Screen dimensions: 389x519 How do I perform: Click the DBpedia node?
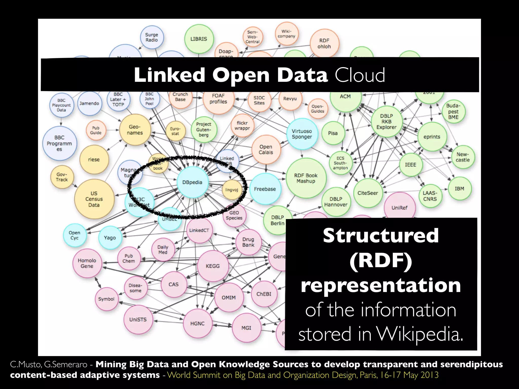[192, 182]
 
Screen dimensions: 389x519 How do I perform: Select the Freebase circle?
[265, 189]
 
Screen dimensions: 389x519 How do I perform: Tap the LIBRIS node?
[199, 39]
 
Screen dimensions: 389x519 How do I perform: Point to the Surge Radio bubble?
[152, 37]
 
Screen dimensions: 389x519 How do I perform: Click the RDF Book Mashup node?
[306, 178]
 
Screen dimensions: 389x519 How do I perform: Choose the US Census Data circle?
[94, 199]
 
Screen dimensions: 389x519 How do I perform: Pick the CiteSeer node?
[368, 193]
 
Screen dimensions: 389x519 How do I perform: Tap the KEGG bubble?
[213, 266]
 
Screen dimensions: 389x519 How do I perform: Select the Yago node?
[110, 238]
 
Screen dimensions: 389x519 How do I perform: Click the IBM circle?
[459, 189]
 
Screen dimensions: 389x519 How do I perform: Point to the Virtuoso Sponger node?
[302, 134]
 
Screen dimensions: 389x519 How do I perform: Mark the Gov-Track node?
[62, 177]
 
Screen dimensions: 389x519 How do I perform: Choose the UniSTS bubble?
[138, 320]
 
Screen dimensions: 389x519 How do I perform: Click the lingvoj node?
[232, 190]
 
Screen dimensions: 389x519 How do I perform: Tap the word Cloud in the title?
[360, 75]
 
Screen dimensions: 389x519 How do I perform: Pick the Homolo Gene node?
[87, 263]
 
